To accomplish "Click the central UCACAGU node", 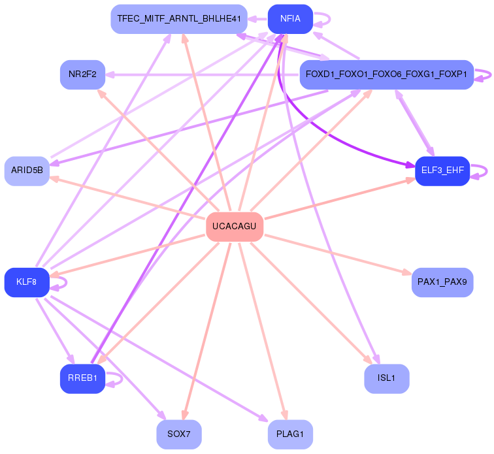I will click(235, 227).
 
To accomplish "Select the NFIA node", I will click(290, 19).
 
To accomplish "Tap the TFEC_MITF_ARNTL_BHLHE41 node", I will click(179, 19).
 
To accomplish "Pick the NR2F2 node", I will click(82, 74).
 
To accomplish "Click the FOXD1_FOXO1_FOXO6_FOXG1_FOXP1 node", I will click(386, 74).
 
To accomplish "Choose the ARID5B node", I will click(27, 170).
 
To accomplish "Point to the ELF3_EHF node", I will click(442, 170).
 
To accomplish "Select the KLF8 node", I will click(27, 282).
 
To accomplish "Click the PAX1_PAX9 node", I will click(442, 282).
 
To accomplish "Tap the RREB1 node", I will click(82, 378).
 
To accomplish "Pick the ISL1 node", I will click(386, 378).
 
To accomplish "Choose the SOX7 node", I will click(179, 434).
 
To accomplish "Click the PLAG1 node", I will click(290, 434).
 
